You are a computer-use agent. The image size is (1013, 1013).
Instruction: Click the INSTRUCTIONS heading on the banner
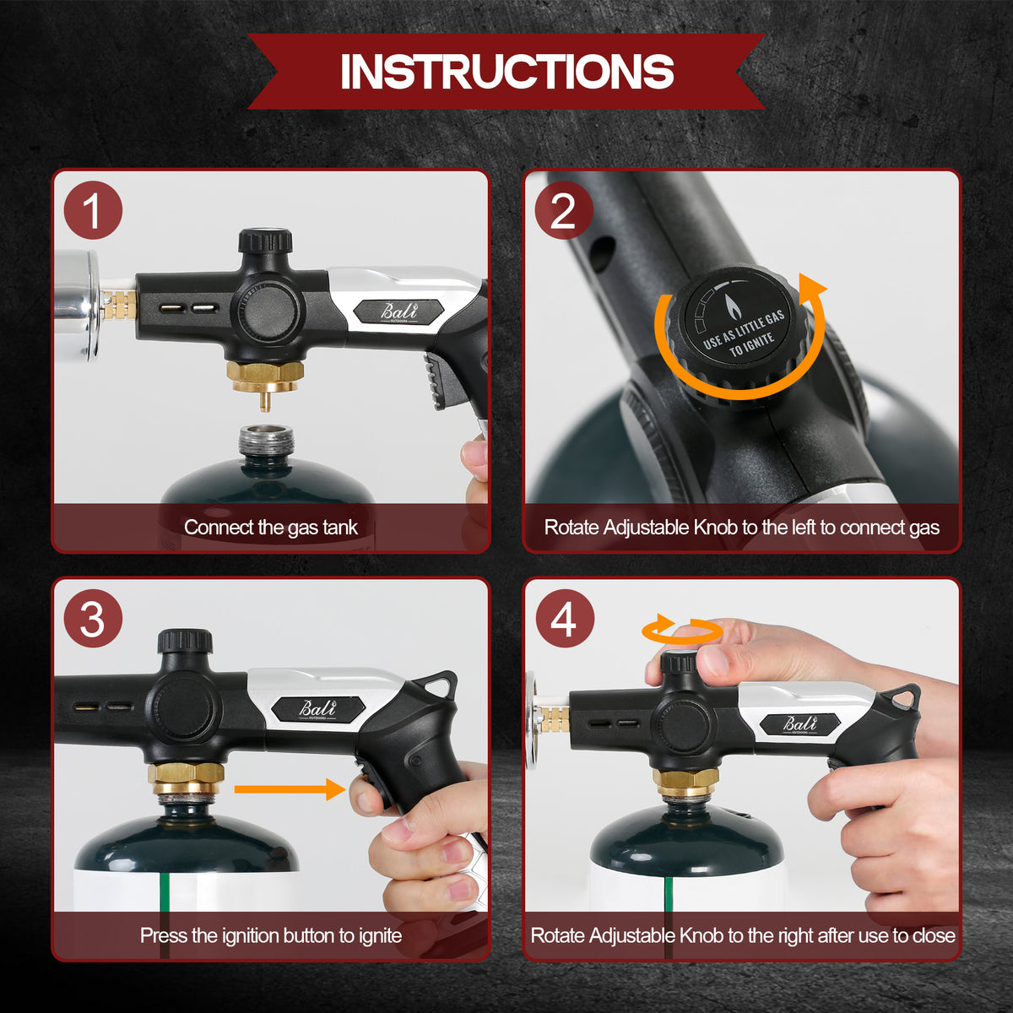[506, 71]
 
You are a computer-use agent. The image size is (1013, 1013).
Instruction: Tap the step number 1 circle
[93, 210]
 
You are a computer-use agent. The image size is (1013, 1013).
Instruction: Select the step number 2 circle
[564, 210]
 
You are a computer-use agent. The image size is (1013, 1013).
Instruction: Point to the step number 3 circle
[93, 619]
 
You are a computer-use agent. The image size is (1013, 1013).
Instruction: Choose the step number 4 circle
[565, 619]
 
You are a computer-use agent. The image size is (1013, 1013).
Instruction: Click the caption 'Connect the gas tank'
[271, 528]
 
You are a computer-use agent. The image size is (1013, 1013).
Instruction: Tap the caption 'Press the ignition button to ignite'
[271, 935]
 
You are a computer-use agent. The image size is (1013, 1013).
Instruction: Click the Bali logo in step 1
[399, 311]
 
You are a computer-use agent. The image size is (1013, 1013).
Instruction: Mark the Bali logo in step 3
[317, 709]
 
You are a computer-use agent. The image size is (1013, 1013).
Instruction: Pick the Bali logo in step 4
[800, 725]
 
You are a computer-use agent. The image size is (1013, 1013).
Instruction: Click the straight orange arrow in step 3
[290, 789]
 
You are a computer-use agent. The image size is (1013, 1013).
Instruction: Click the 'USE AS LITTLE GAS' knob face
[736, 322]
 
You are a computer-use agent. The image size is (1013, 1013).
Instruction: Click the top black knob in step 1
[265, 241]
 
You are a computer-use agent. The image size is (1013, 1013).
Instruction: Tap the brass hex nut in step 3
[186, 777]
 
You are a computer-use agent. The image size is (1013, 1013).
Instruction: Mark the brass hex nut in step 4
[685, 780]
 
